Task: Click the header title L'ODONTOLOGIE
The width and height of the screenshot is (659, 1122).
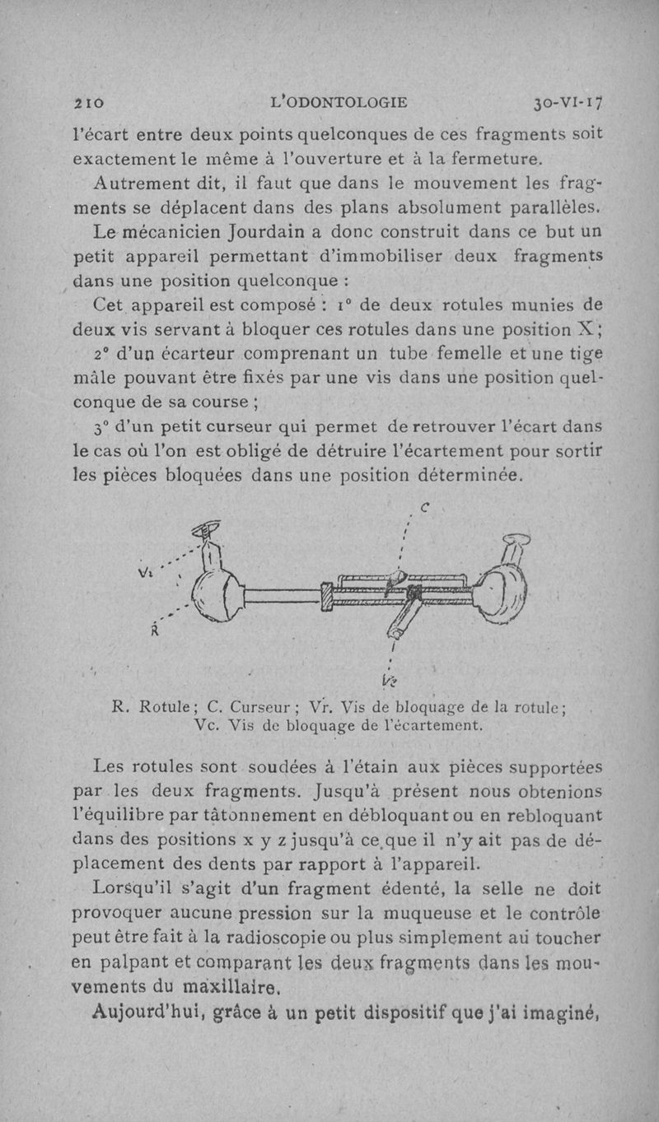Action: coord(339,103)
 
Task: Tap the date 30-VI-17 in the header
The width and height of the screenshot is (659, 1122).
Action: coord(568,103)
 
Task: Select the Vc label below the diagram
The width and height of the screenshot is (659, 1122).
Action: coord(390,679)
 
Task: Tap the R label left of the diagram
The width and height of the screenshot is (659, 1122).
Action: coord(153,631)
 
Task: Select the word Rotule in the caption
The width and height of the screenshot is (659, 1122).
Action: coord(165,705)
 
